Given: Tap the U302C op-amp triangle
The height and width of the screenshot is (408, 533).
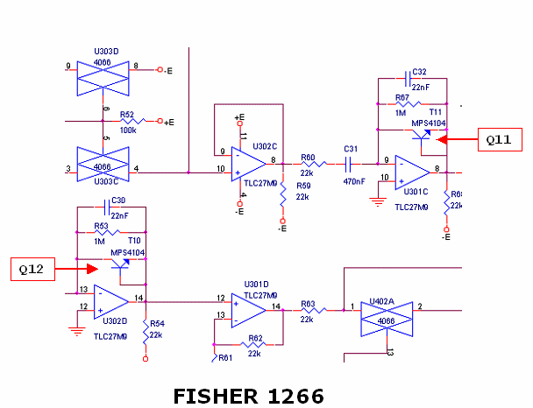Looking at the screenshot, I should click(x=249, y=163).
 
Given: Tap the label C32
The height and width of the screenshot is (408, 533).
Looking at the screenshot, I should click(x=420, y=73).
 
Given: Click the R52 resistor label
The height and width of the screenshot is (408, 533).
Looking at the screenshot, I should click(x=127, y=114).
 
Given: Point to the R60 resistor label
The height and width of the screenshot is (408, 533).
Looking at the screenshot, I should click(x=308, y=158).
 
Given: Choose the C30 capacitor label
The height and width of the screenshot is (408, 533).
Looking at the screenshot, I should click(x=118, y=200).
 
